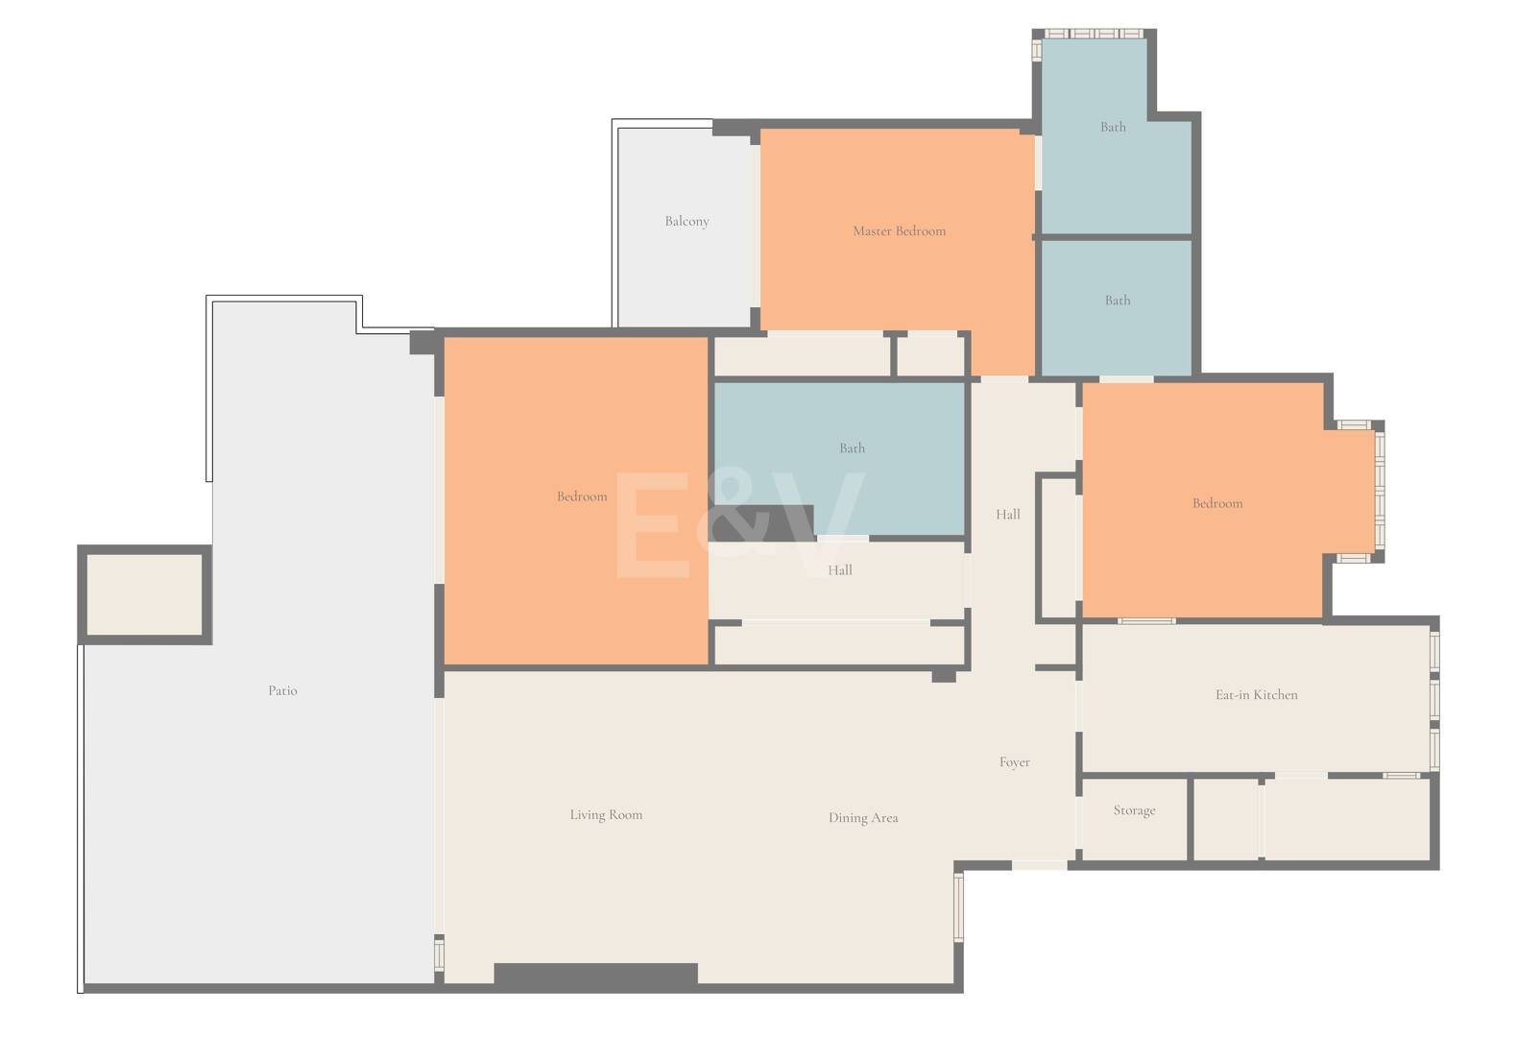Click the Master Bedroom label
(x=899, y=230)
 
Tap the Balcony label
(x=686, y=221)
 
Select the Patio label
(x=282, y=690)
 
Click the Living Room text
(x=606, y=814)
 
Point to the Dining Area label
(x=863, y=818)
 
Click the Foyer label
(x=1014, y=762)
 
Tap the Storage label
(x=1134, y=810)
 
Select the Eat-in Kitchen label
(x=1256, y=694)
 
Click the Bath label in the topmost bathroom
(x=1113, y=127)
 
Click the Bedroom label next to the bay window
(x=1216, y=503)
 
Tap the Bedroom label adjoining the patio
(x=582, y=496)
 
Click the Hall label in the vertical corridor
(x=1007, y=515)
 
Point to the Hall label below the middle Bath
(x=839, y=570)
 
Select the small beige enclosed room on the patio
(x=144, y=594)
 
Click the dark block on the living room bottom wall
(x=595, y=975)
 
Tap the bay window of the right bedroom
(x=1379, y=492)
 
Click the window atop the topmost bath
(x=1093, y=34)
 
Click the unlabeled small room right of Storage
(x=1226, y=819)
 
